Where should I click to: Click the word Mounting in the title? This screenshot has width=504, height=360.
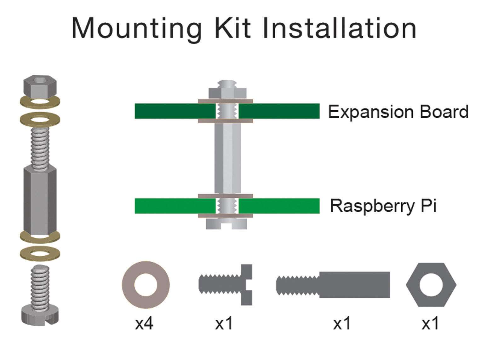136,29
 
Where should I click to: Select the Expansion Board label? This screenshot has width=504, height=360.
398,112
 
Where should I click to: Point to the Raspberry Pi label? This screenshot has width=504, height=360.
383,206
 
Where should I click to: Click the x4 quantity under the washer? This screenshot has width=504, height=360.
144,323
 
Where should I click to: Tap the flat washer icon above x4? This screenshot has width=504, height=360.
146,285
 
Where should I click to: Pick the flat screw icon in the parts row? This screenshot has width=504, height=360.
226,285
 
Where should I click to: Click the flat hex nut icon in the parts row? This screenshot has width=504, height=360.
431,285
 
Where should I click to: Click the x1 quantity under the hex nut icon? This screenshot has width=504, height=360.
430,323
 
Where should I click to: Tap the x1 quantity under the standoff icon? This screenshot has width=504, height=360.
342,323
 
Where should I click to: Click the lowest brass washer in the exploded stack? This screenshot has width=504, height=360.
40,253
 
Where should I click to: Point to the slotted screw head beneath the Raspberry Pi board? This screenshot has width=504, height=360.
226,224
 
